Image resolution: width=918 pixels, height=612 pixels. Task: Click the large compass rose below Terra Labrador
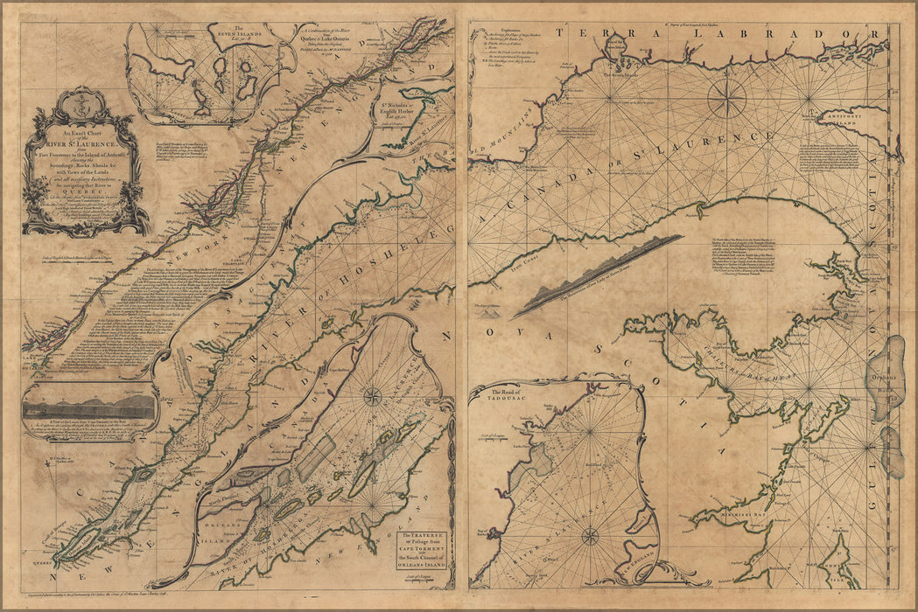(x=727, y=99)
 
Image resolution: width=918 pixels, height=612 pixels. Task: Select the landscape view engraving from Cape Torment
(x=90, y=406)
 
